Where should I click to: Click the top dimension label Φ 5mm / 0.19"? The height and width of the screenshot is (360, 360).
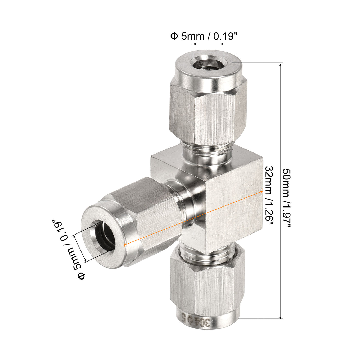coord(203,36)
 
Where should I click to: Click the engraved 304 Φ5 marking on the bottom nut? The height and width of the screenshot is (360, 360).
coord(196,320)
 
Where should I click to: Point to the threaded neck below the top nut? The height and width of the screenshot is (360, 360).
coord(207,152)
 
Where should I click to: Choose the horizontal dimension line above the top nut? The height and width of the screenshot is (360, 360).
coord(209,44)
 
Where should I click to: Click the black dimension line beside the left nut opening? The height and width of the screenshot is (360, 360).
coord(80,248)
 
